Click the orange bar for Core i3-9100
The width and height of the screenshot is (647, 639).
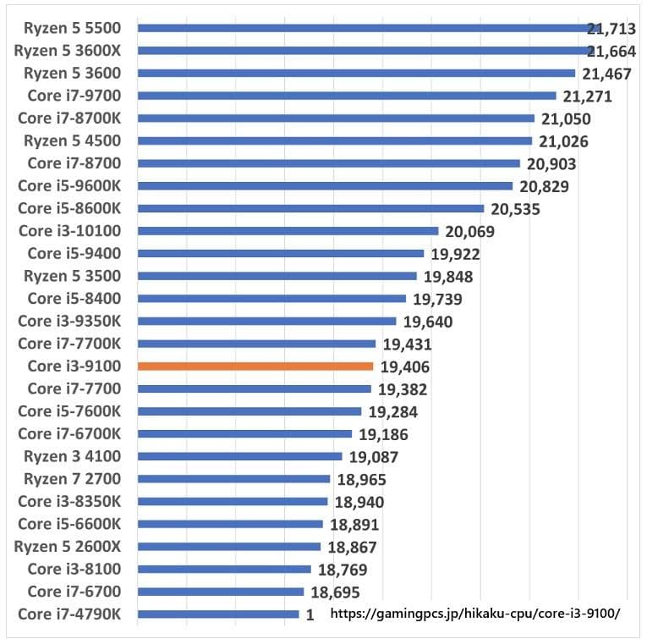coord(255,366)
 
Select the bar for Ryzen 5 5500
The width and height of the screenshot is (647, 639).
coord(364,28)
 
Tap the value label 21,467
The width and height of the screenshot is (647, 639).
coord(606,74)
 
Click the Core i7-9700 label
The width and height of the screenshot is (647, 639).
coord(75,96)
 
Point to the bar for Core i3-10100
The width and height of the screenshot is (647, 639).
coord(288,231)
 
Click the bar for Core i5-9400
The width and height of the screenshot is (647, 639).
coord(280,253)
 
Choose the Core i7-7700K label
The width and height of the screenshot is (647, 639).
coord(70,344)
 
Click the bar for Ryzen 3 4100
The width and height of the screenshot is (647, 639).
coord(239,456)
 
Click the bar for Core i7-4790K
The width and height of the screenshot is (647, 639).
coord(218,614)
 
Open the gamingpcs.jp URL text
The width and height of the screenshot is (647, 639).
coord(474,613)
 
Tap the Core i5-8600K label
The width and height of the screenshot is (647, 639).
coord(70,208)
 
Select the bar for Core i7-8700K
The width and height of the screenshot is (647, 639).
coord(336,118)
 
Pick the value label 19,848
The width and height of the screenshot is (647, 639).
coord(448,277)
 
